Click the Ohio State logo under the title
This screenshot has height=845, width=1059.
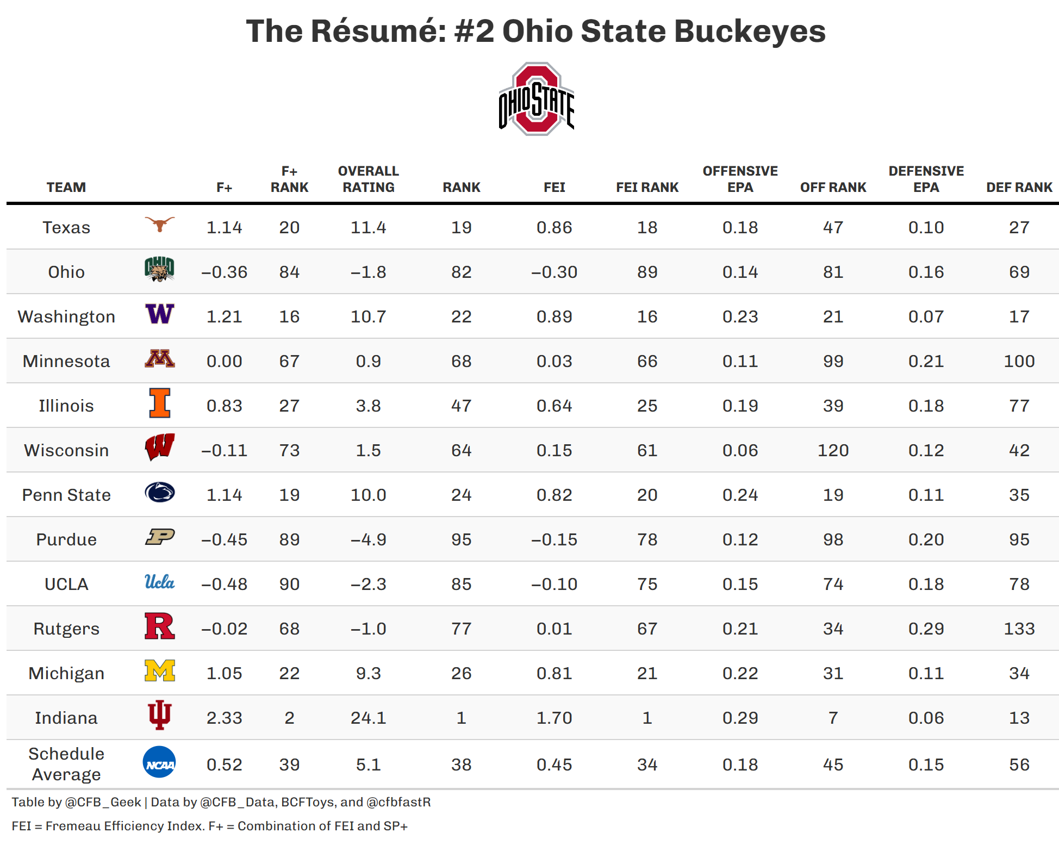[536, 99]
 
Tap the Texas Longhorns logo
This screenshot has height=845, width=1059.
[160, 223]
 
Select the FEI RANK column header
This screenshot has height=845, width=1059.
[647, 188]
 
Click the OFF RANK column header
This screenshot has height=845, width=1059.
[833, 188]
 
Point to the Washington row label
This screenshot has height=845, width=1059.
[66, 316]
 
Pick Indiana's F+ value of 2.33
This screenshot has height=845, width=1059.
[224, 718]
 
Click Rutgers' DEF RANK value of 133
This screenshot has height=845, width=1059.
[1019, 629]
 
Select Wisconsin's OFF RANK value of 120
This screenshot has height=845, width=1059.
[833, 450]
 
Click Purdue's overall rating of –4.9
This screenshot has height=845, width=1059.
[368, 539]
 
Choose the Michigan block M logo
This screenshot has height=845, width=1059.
[160, 671]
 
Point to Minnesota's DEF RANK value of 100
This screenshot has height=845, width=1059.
[1019, 361]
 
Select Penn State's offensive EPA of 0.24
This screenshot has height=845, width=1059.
[740, 495]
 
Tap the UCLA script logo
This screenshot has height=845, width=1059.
[160, 582]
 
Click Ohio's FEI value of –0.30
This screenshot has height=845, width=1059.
[554, 272]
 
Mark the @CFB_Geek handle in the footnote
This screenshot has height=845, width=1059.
[103, 802]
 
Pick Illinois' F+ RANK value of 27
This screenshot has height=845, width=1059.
[289, 406]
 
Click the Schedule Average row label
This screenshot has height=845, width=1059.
[66, 764]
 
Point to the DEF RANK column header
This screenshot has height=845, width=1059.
[1019, 188]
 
